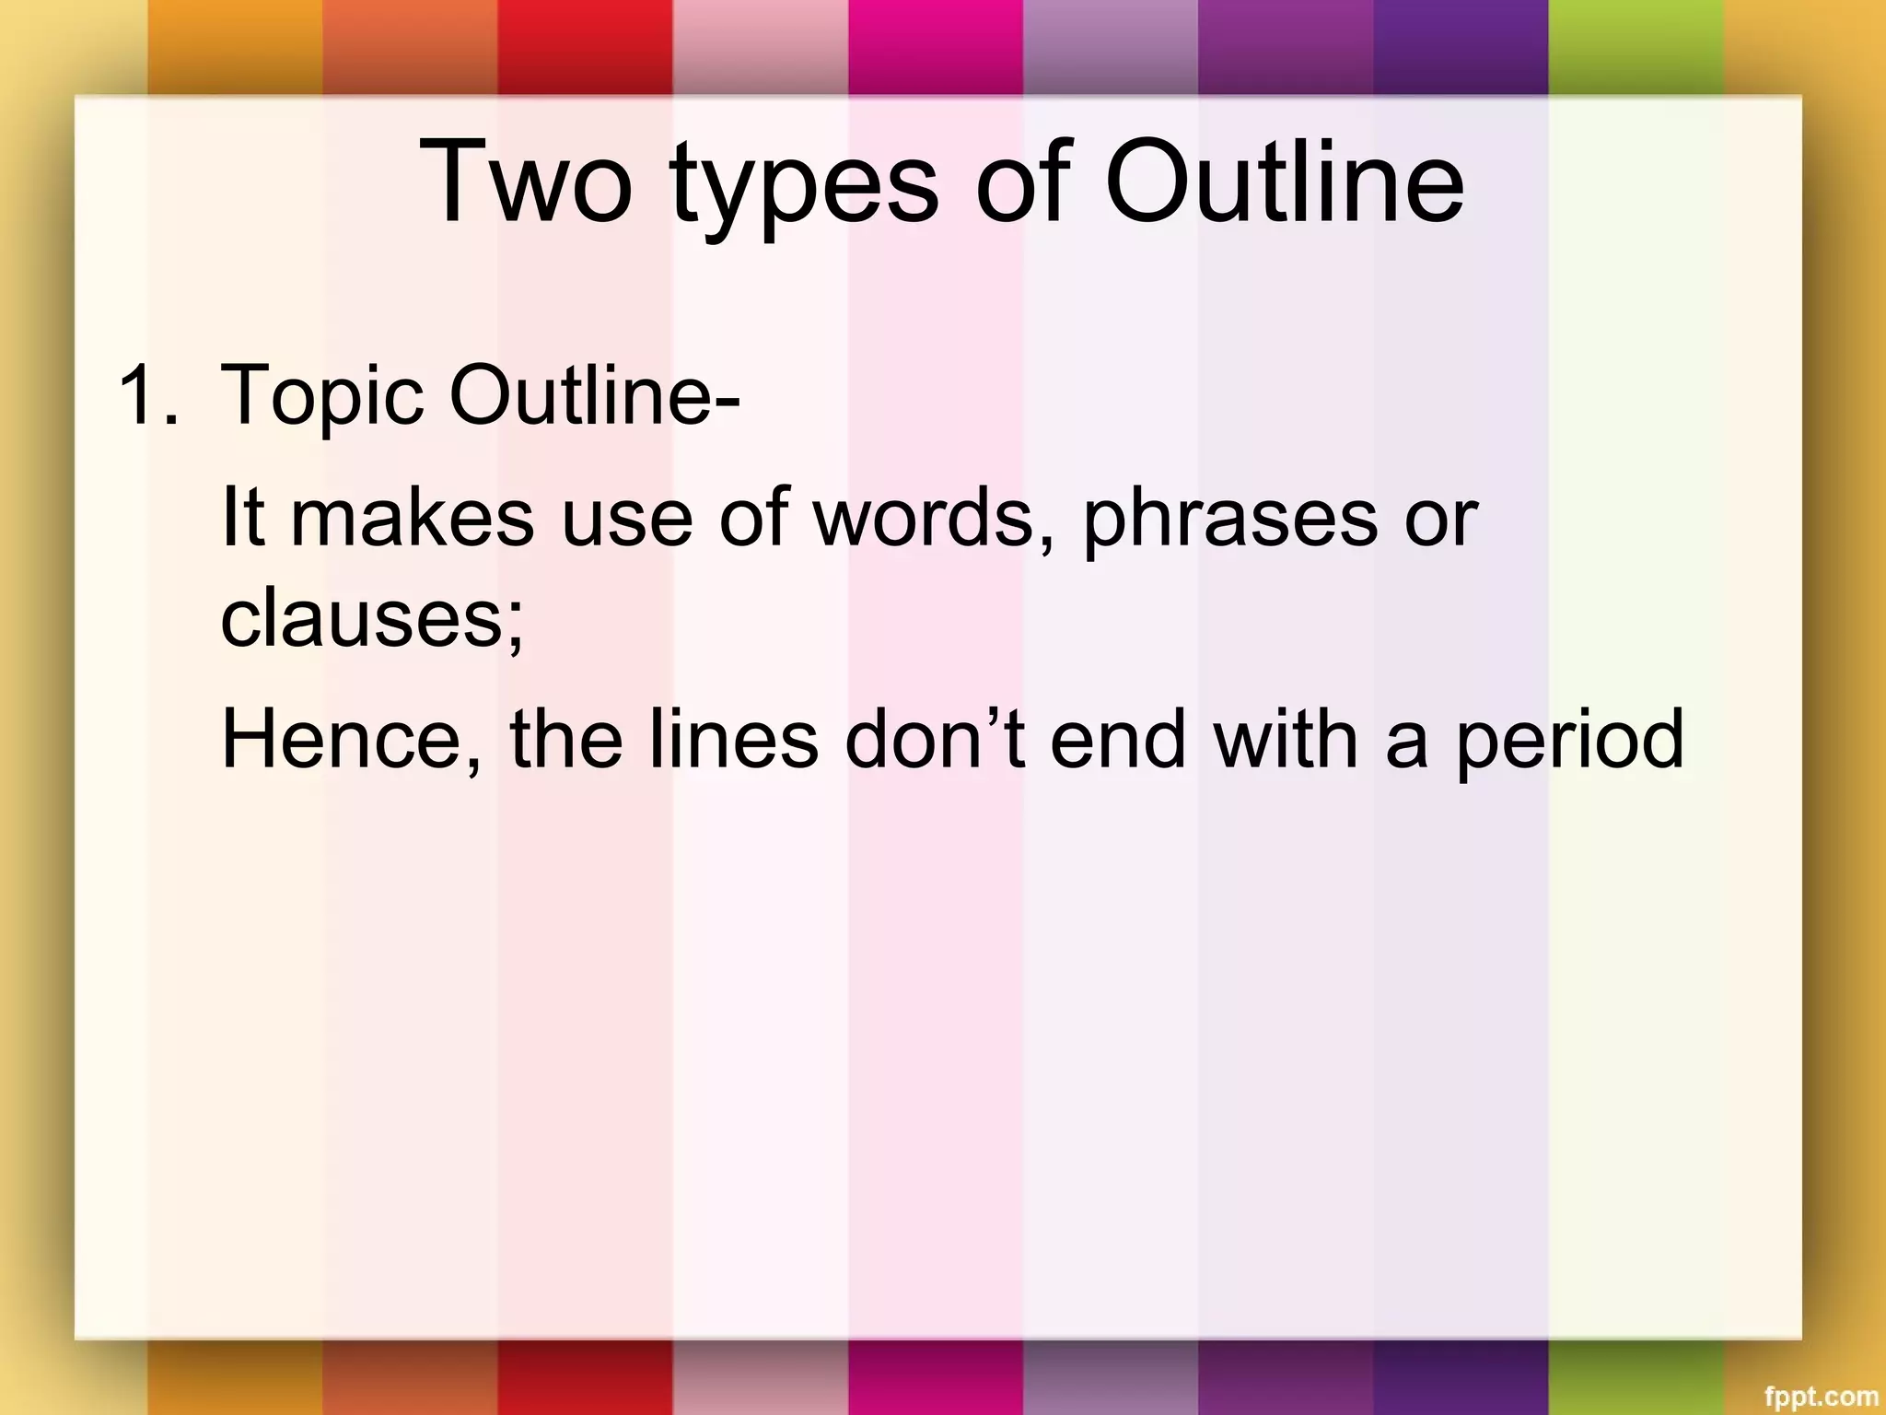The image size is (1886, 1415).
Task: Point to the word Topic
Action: [321, 396]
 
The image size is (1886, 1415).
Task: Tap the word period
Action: [1569, 742]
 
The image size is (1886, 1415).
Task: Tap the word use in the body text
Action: [626, 519]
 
